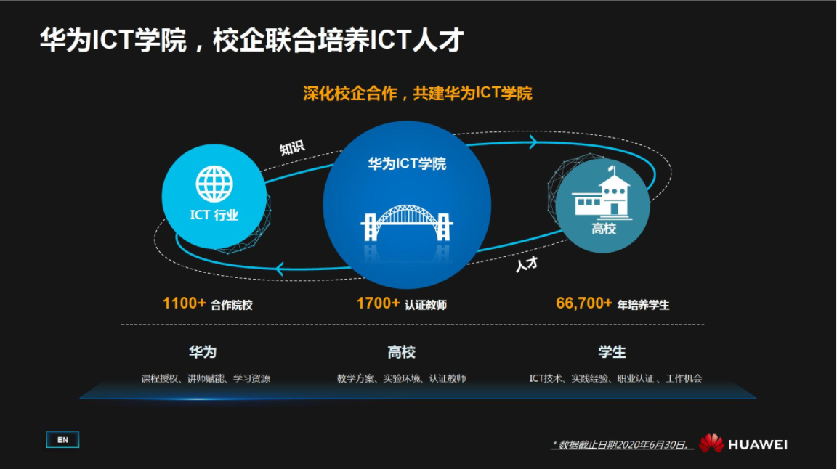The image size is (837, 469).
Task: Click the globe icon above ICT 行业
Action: pos(214,184)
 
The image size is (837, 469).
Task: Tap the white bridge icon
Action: pos(407,224)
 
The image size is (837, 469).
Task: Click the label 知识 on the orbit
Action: pos(292,148)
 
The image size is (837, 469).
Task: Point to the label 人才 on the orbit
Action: pos(526,264)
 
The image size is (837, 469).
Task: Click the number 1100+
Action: pos(185,303)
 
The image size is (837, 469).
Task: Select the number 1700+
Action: pos(378,303)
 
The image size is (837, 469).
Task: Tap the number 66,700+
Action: pos(584,303)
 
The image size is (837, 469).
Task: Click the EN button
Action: pos(62,440)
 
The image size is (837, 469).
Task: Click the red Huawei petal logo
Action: pos(711,443)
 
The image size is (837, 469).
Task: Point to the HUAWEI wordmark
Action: pos(757,444)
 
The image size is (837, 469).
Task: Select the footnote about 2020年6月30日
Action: pos(621,444)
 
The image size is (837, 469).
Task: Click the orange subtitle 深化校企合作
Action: pos(418,94)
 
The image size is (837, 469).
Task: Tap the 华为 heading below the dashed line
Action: pos(203,352)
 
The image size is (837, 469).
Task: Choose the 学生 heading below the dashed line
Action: pos(612,352)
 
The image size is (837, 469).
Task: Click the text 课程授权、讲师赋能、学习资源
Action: pos(206,378)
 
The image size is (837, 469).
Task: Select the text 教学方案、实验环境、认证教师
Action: pos(401,378)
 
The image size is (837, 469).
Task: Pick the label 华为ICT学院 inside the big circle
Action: pos(407,164)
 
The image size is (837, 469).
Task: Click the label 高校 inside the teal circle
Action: pos(603,229)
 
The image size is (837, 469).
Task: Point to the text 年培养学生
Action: pos(643,306)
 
